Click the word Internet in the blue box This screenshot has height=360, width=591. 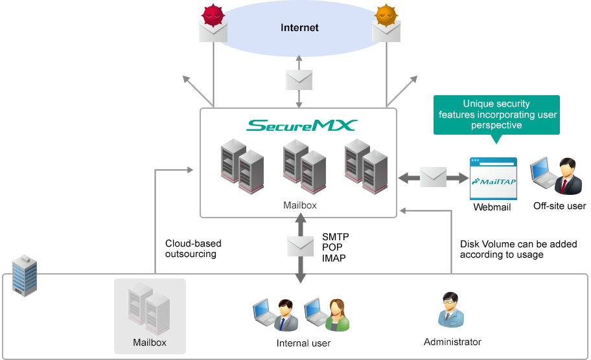tap(299, 28)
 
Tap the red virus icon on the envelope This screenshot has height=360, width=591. tap(214, 15)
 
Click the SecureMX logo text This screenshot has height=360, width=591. tap(301, 124)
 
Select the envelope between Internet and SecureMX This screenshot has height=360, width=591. tap(299, 80)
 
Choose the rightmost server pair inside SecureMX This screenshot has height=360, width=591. tap(366, 165)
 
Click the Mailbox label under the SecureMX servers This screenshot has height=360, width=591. tap(300, 205)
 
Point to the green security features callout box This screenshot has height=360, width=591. tap(496, 119)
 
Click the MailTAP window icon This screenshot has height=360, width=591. tap(492, 179)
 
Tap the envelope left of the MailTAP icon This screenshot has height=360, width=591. tap(433, 177)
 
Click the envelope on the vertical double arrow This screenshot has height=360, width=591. tap(300, 245)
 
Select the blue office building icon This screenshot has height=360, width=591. tap(25, 275)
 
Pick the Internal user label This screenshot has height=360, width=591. tap(303, 343)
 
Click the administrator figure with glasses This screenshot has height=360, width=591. tap(452, 309)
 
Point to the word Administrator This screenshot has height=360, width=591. tap(452, 341)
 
